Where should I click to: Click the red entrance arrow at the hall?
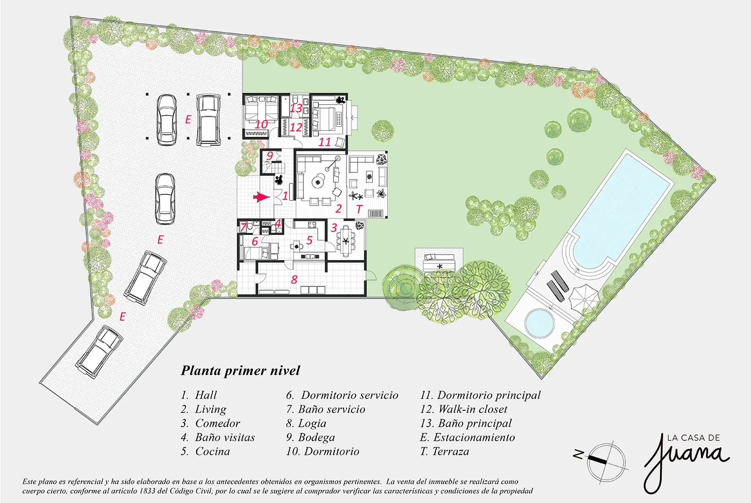click(261, 197)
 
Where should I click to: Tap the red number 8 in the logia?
click(294, 280)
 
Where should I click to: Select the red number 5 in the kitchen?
click(309, 240)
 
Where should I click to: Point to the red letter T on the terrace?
click(359, 209)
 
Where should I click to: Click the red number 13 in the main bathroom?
click(296, 108)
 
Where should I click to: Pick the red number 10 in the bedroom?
click(261, 124)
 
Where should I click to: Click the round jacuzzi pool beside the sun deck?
click(539, 323)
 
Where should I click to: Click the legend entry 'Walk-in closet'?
click(464, 409)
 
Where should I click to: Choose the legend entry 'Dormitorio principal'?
click(481, 395)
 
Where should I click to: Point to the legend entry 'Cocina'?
click(205, 451)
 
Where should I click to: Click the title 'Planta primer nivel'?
click(240, 371)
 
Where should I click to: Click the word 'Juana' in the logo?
click(685, 461)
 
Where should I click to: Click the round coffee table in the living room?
click(317, 182)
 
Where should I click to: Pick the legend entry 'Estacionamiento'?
click(467, 437)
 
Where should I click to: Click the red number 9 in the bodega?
click(270, 156)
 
